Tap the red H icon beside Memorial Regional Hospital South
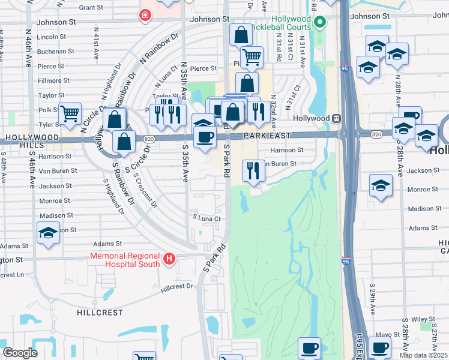pos(170,259)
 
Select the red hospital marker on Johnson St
pos(145,16)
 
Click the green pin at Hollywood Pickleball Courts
pos(320,23)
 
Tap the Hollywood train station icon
pos(337,119)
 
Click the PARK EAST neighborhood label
pos(267,137)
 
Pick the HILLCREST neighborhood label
pos(100,313)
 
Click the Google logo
pos(20,353)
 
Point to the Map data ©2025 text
pos(423,355)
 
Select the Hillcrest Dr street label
pos(178,287)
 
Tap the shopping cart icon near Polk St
pos(70,112)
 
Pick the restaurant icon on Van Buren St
pos(253,170)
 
